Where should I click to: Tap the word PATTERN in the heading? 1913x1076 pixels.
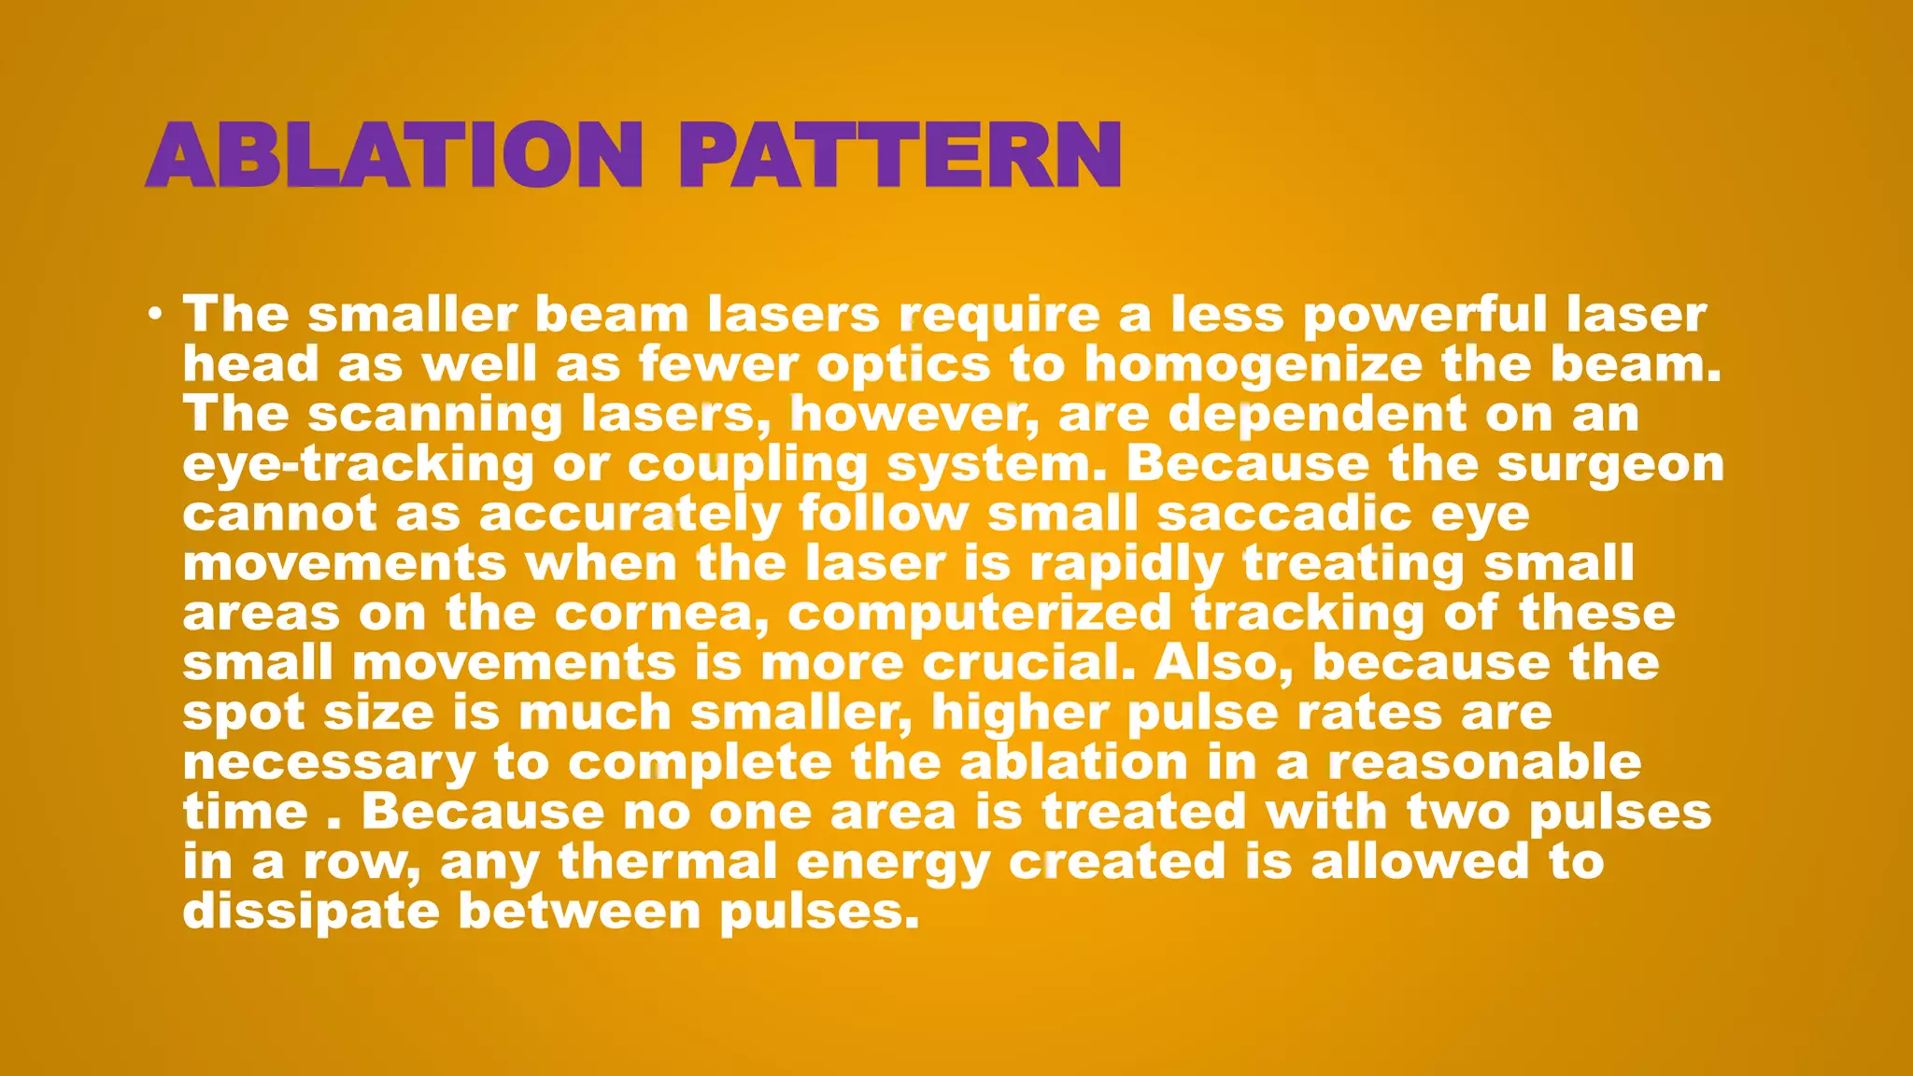click(x=900, y=155)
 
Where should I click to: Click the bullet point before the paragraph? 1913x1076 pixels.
click(x=155, y=313)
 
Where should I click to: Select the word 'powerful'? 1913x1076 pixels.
click(x=1424, y=315)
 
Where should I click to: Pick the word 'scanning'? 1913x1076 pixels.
click(x=435, y=415)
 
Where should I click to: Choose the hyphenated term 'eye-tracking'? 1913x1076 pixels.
click(x=358, y=465)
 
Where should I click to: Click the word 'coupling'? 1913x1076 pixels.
click(x=747, y=465)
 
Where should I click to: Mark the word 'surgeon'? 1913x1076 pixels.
click(x=1610, y=465)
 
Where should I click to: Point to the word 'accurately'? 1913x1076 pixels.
click(x=630, y=515)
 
